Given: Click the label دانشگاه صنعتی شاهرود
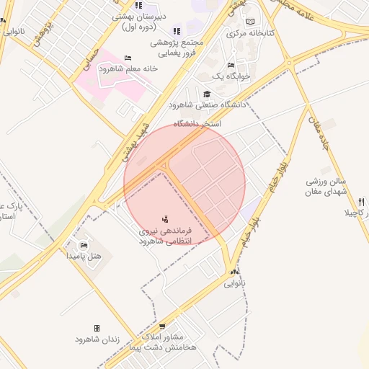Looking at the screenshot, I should [x=208, y=105].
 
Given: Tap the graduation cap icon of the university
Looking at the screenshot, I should [x=208, y=94].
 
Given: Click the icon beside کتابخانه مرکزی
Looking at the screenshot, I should [x=250, y=22].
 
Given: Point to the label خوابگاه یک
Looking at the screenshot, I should [x=231, y=76].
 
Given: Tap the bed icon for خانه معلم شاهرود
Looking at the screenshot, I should [x=128, y=58].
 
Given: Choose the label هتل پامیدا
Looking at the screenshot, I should [x=84, y=256].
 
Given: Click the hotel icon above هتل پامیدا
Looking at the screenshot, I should [x=84, y=246].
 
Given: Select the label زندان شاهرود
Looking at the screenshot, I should [x=97, y=338].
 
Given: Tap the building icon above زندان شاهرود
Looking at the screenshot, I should [x=97, y=328].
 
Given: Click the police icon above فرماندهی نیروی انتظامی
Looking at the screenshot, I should [x=166, y=218].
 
